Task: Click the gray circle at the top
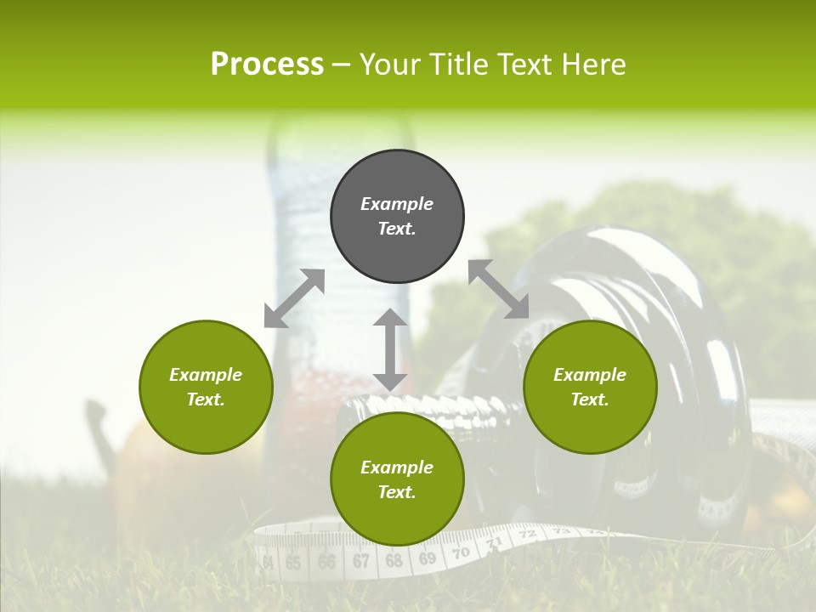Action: (397, 216)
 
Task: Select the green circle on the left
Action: (206, 387)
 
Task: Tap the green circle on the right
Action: (590, 387)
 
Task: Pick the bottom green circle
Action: (397, 479)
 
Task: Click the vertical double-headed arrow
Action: (390, 349)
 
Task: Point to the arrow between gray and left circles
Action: (294, 298)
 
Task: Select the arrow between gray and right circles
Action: (499, 289)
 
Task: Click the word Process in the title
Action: (267, 64)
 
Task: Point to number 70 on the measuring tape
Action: (461, 552)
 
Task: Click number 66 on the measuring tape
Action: (326, 562)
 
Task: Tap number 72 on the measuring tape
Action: (527, 535)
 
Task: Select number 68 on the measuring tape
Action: (394, 561)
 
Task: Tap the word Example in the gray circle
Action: (397, 204)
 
